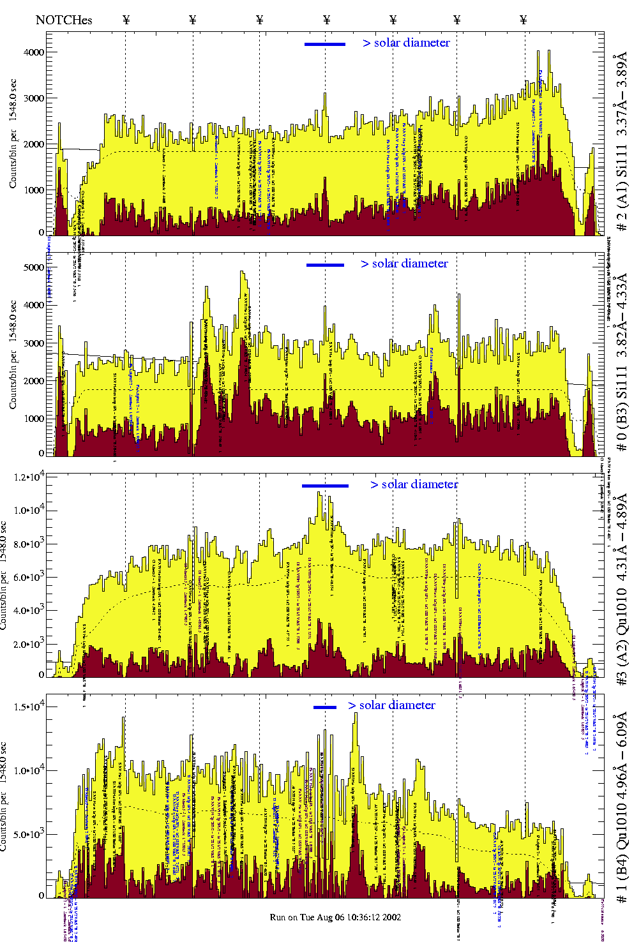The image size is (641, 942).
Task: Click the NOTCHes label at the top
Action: coord(64,20)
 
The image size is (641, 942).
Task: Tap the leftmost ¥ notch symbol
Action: coord(126,20)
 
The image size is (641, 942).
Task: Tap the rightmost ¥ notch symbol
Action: coord(524,20)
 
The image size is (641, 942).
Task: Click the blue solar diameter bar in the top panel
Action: coord(325,44)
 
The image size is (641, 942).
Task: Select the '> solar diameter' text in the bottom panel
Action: coord(391,705)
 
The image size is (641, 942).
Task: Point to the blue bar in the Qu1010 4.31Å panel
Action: coord(325,486)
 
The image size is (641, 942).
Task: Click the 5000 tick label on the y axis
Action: coord(33,267)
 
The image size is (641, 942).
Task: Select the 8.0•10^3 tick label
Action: coord(31,544)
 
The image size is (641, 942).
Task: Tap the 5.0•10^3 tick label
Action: coord(31,834)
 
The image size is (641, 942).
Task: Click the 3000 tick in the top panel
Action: coord(33,98)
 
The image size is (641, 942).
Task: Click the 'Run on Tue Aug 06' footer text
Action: coord(335,917)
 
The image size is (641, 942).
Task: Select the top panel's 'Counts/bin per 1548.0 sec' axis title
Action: coord(13,133)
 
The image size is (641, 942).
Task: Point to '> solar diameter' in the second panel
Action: coord(404,264)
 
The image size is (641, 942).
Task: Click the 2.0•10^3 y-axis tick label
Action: coord(31,644)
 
